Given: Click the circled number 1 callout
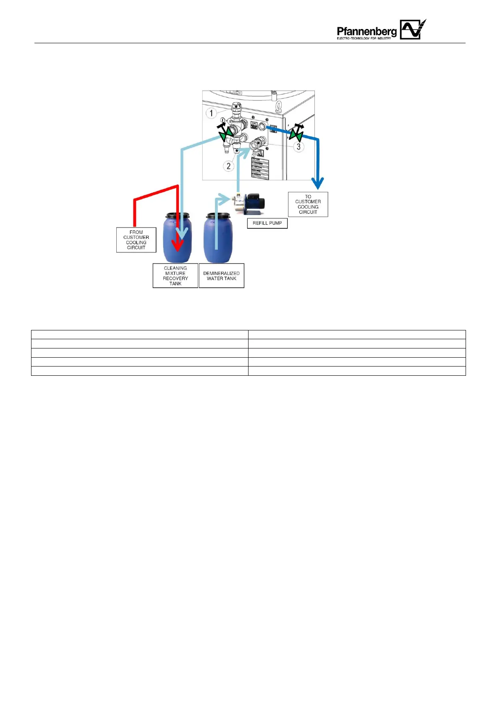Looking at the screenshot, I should (211, 113).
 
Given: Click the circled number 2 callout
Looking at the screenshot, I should (228, 166).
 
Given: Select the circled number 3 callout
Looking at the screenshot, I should (298, 147).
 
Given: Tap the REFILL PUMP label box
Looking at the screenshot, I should (267, 223).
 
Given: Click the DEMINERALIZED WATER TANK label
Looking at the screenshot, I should (221, 276).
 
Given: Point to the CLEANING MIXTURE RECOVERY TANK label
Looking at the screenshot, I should (175, 276).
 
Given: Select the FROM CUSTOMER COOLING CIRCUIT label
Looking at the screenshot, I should (136, 240).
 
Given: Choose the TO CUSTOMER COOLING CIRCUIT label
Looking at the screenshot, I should (308, 204).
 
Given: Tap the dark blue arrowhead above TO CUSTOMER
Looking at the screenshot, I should (318, 183).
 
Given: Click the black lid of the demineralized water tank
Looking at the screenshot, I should (217, 216).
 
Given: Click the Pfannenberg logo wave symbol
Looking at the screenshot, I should (412, 29).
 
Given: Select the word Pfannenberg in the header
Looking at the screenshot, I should (366, 31).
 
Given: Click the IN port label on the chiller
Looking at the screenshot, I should (254, 124).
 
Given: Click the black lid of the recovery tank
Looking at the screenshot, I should (177, 216).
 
